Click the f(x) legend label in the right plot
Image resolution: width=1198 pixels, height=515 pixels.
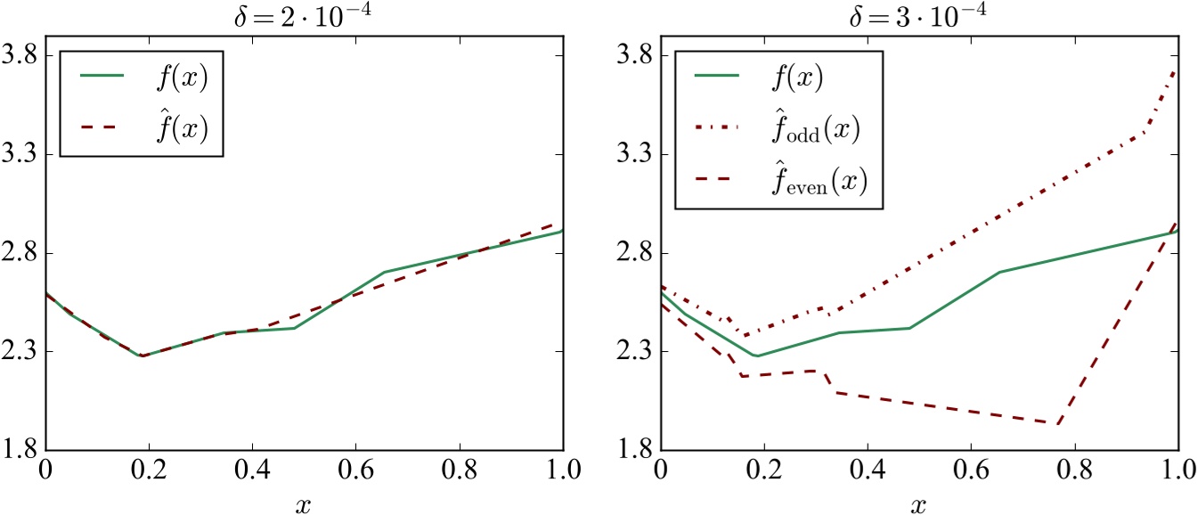tap(795, 77)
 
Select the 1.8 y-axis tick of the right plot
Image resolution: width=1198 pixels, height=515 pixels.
tap(635, 450)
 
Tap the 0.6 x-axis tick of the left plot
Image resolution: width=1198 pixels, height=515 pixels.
tap(355, 470)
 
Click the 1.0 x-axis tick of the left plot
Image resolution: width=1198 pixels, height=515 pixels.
tap(562, 470)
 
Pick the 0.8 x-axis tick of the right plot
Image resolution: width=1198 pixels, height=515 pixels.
tap(1074, 470)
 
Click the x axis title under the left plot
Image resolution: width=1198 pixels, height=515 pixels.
tap(304, 503)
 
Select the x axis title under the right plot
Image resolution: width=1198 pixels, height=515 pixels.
tap(919, 503)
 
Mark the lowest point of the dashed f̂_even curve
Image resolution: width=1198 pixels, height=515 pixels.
tap(1057, 424)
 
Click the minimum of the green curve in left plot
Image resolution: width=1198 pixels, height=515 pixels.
tap(141, 356)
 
